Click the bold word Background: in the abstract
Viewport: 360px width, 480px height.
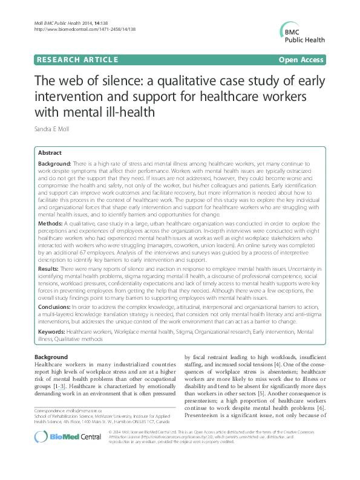point(54,164)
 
